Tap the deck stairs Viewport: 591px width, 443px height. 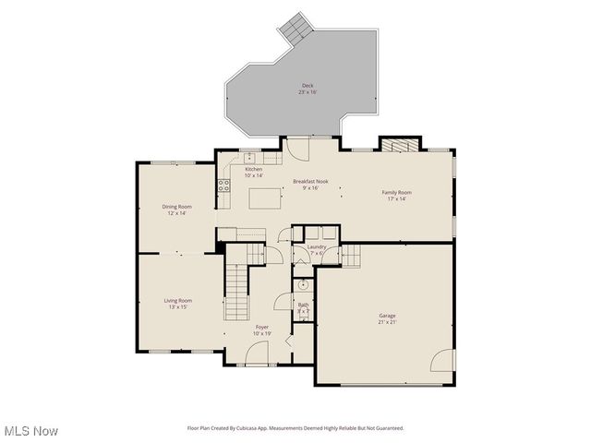tap(296, 28)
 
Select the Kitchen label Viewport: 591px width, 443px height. tap(253, 170)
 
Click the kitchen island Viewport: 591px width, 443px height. tap(265, 197)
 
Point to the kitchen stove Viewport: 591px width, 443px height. tap(223, 185)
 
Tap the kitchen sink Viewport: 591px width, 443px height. tap(249, 157)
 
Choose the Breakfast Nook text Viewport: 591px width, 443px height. tap(311, 182)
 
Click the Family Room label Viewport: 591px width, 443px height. tap(397, 192)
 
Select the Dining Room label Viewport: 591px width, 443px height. tap(177, 207)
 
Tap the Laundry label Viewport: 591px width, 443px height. tap(316, 247)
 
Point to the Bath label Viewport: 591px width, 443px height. tap(303, 305)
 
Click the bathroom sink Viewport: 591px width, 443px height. tap(301, 285)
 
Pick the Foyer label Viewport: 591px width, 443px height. tap(262, 327)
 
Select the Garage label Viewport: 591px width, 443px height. tap(386, 316)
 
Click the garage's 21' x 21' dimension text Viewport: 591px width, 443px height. tap(386, 322)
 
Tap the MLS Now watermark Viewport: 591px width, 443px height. tap(31, 431)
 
